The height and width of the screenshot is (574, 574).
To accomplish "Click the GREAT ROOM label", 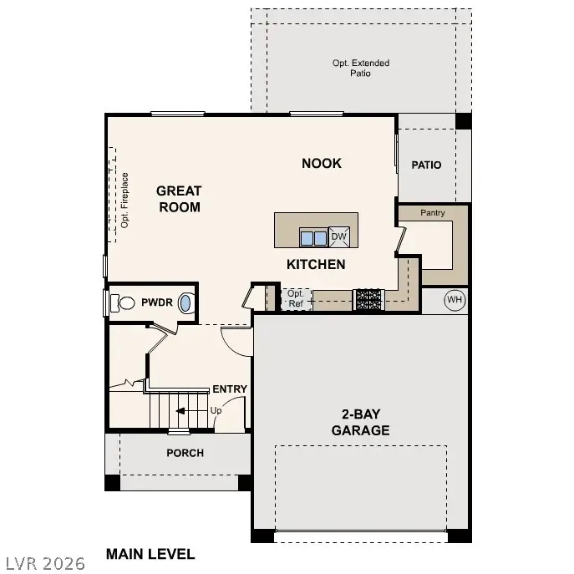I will point(179,199).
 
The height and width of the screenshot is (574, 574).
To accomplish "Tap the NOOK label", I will point(322,163).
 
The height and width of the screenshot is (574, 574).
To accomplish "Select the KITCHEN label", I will point(316,264).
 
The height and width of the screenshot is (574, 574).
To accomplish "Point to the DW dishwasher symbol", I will point(338,237).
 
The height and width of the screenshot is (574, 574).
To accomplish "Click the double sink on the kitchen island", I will point(313,238).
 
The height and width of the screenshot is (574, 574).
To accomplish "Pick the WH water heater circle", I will point(454,300).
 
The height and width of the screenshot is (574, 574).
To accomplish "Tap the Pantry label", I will point(433,213).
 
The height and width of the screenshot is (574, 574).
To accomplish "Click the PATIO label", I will point(426,165).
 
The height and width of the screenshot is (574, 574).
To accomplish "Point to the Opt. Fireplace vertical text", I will point(124,201).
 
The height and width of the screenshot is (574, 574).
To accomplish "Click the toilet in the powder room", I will point(124,302).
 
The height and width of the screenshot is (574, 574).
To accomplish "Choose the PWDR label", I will point(156,302).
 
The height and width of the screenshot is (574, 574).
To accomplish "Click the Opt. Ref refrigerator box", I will point(295,299).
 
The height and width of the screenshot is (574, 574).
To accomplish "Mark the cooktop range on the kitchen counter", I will point(368,300).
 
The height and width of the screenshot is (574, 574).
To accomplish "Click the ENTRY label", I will point(230,389).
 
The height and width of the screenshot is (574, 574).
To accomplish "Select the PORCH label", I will point(185,453).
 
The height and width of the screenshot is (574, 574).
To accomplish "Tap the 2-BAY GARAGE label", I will point(360,423).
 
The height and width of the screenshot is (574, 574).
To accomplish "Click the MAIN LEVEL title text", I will point(150,554).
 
